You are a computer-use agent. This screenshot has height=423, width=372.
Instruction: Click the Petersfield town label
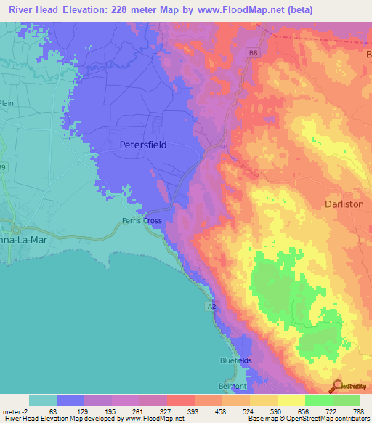click(142, 145)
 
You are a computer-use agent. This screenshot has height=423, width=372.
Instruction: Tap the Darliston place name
click(344, 204)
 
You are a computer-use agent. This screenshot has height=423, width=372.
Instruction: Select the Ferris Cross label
click(142, 222)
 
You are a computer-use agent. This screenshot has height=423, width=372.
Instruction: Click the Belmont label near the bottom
click(233, 386)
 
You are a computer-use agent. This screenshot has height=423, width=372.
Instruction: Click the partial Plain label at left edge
click(7, 104)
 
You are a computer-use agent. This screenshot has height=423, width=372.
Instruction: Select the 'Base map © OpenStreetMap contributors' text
click(308, 419)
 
